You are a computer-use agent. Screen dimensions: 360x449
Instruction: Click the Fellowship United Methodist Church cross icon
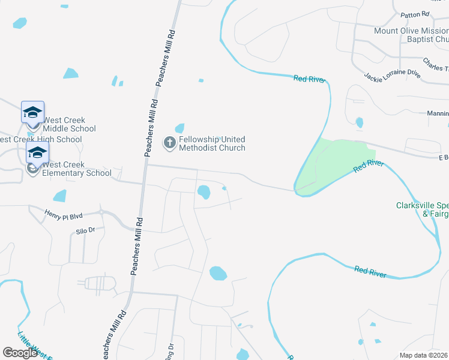pyautogui.click(x=169, y=143)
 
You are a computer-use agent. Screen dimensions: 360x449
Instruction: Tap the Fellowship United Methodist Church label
pyautogui.click(x=211, y=143)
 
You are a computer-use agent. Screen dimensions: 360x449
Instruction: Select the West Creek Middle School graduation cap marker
pyautogui.click(x=32, y=112)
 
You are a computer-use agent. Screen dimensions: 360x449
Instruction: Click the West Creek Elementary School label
pyautogui.click(x=77, y=169)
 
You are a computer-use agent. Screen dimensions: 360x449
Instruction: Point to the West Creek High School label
pyautogui.click(x=41, y=140)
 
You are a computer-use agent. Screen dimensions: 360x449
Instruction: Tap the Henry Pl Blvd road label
pyautogui.click(x=62, y=214)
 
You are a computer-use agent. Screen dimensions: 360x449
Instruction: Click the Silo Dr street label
pyautogui.click(x=85, y=230)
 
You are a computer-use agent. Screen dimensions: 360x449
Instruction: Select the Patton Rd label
pyautogui.click(x=417, y=14)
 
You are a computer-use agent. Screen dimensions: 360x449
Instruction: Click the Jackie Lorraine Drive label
pyautogui.click(x=392, y=74)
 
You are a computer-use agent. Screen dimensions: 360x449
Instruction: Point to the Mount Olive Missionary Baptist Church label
pyautogui.click(x=411, y=35)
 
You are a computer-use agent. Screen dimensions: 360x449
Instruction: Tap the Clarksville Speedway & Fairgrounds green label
pyautogui.click(x=422, y=209)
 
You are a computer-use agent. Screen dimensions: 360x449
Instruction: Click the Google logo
pyautogui.click(x=20, y=353)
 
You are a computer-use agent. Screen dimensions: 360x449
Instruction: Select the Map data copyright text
pyautogui.click(x=424, y=355)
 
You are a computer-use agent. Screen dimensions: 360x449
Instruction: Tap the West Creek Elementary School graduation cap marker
pyautogui.click(x=37, y=152)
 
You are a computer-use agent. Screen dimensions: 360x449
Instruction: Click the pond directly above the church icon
pyautogui.click(x=179, y=128)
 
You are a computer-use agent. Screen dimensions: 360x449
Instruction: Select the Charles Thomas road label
pyautogui.click(x=435, y=63)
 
